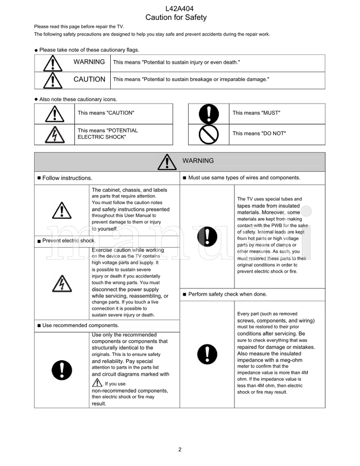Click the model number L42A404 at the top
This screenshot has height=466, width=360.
tap(180, 8)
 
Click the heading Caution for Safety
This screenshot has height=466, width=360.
tap(176, 18)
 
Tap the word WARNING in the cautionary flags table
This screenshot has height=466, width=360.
tap(89, 62)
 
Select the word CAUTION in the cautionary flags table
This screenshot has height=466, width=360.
tap(89, 79)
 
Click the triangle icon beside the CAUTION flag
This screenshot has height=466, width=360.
tap(53, 80)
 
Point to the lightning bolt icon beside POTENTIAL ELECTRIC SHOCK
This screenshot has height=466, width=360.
tap(54, 134)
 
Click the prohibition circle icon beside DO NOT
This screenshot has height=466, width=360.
tap(208, 134)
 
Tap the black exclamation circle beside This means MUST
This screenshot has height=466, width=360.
tap(208, 114)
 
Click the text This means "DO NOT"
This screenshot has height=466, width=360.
tap(259, 134)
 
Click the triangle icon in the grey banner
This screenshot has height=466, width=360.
tap(167, 162)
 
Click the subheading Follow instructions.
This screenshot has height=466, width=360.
tap(67, 178)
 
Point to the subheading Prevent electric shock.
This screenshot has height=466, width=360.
tap(68, 241)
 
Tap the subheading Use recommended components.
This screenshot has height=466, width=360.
tap(80, 325)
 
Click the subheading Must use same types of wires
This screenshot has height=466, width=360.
tap(243, 178)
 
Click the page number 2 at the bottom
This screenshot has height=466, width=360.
tap(180, 449)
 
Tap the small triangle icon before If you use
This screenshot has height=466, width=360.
tap(97, 383)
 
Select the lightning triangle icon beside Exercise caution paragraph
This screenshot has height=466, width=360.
tap(62, 283)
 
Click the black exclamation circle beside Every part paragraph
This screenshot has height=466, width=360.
tap(207, 354)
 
